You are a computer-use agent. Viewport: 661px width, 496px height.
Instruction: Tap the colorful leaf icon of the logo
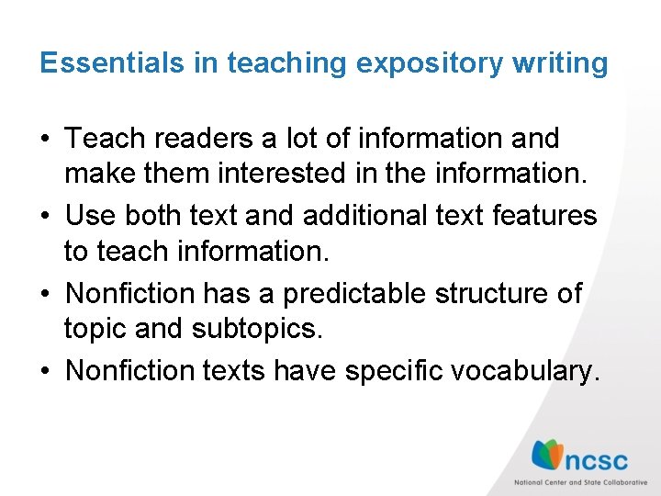(x=548, y=456)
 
